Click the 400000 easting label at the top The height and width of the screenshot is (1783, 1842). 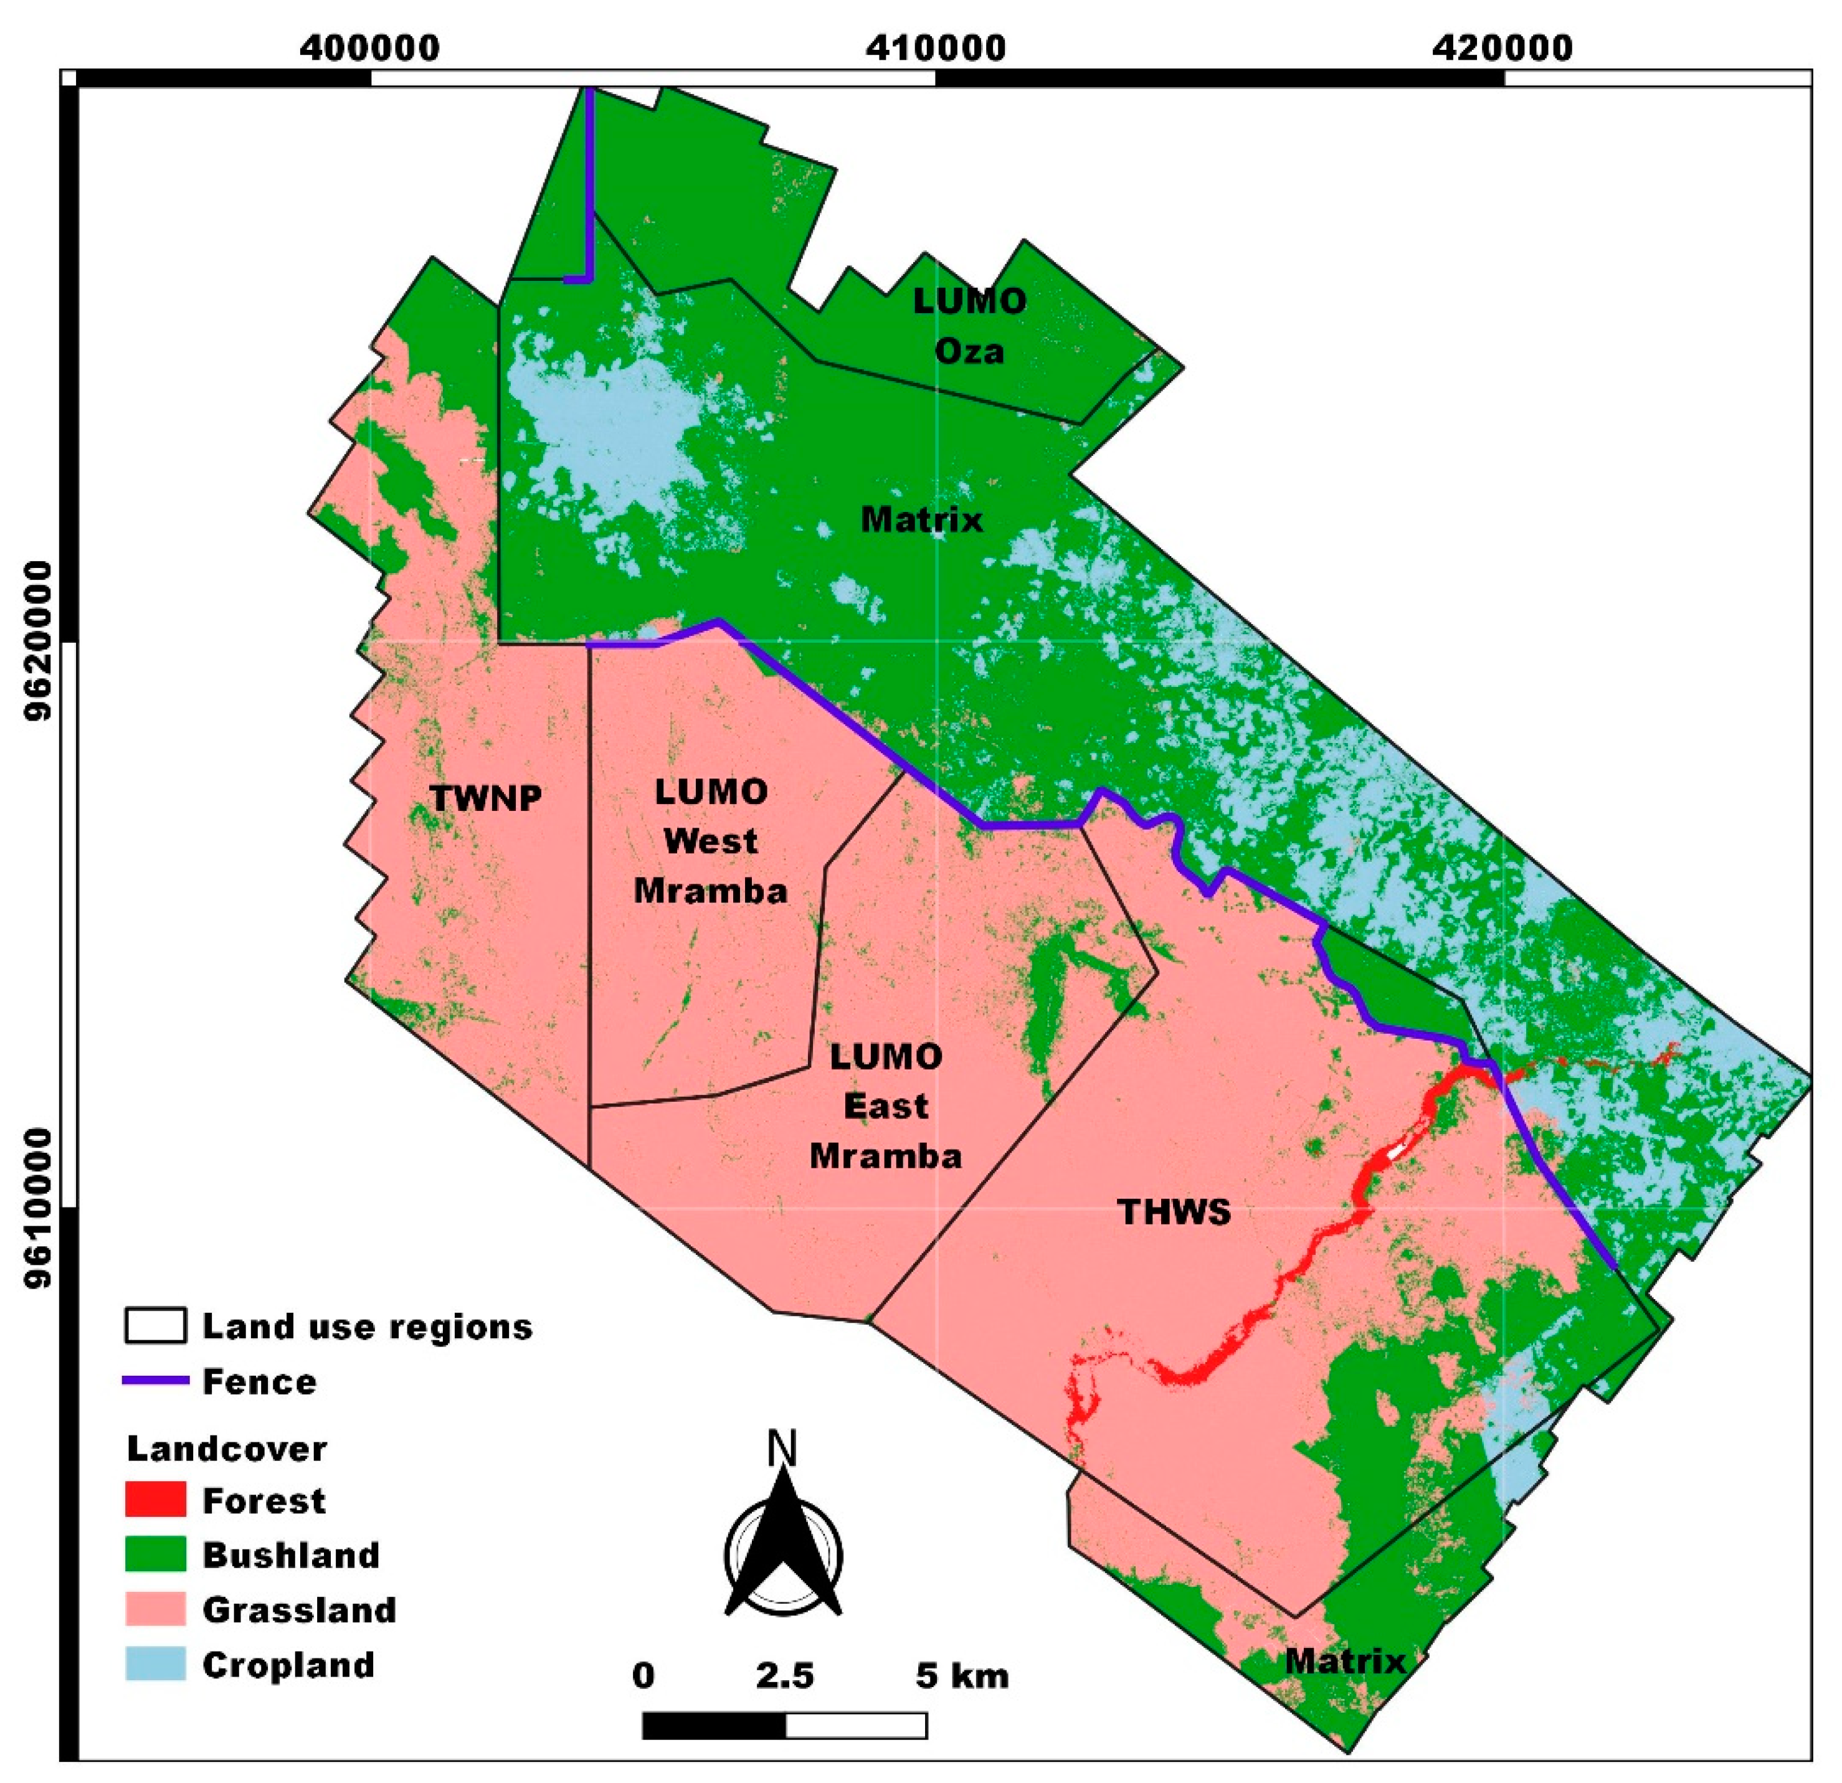(370, 47)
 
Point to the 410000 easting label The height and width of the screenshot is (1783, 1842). (936, 47)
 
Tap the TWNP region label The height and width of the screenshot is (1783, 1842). (486, 798)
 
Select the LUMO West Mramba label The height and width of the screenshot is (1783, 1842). (711, 841)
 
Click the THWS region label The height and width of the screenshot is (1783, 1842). (1174, 1213)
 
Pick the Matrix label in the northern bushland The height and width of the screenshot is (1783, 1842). (922, 519)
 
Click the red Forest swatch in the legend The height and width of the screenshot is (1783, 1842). (155, 1500)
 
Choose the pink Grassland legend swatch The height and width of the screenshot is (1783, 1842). (155, 1609)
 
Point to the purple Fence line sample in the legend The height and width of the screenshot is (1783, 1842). (155, 1381)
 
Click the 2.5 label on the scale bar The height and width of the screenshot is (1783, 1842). (786, 1675)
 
